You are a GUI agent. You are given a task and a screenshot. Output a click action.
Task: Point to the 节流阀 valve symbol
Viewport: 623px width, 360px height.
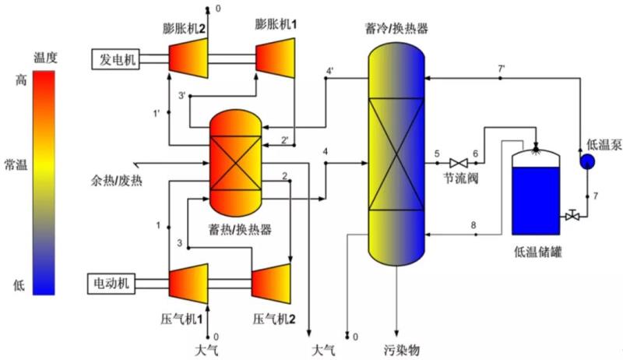[x=459, y=163]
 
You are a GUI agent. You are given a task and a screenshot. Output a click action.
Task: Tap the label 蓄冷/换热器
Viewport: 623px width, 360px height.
[x=397, y=30]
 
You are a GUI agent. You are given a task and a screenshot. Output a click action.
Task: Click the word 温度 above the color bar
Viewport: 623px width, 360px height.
[x=46, y=57]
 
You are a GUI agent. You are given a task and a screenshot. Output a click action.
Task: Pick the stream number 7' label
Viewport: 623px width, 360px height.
[x=501, y=69]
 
